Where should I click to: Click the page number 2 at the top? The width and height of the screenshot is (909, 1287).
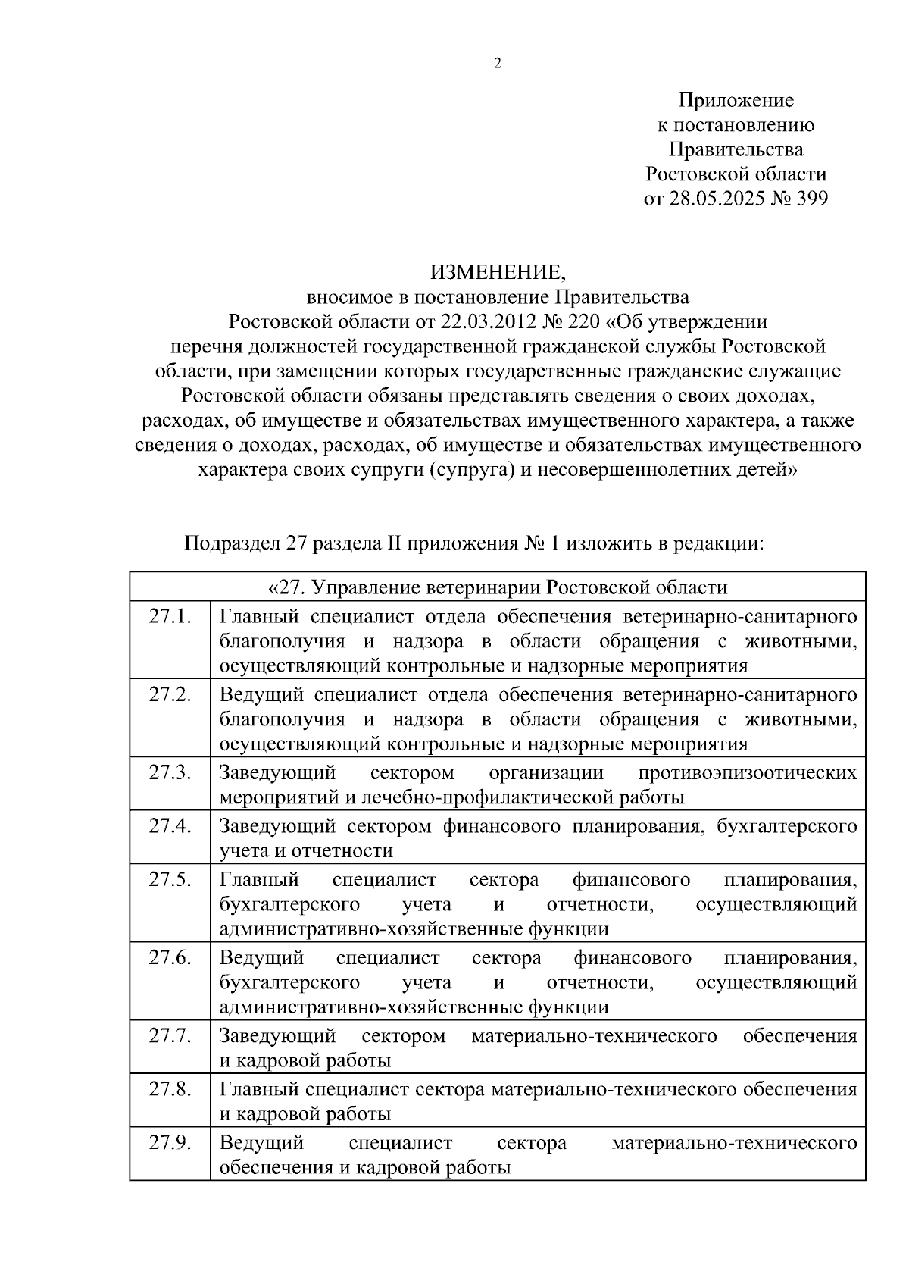[498, 64]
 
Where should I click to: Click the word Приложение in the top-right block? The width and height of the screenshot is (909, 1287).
[736, 100]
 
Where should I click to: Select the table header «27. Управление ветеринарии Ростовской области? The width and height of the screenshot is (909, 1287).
[498, 587]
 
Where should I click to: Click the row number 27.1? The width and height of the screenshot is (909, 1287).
[170, 615]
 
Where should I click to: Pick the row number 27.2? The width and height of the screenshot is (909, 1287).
[170, 694]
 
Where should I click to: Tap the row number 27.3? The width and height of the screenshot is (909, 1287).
[170, 772]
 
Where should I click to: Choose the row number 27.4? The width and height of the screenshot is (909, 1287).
[170, 825]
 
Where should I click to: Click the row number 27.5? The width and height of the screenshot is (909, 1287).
[170, 879]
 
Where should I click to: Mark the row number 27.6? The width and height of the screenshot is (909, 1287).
[170, 957]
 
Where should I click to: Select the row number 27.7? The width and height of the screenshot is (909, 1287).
[170, 1035]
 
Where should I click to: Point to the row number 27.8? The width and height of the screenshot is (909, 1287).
[170, 1089]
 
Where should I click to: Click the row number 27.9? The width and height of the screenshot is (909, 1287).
[170, 1142]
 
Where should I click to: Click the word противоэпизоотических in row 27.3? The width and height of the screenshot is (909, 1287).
[748, 773]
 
